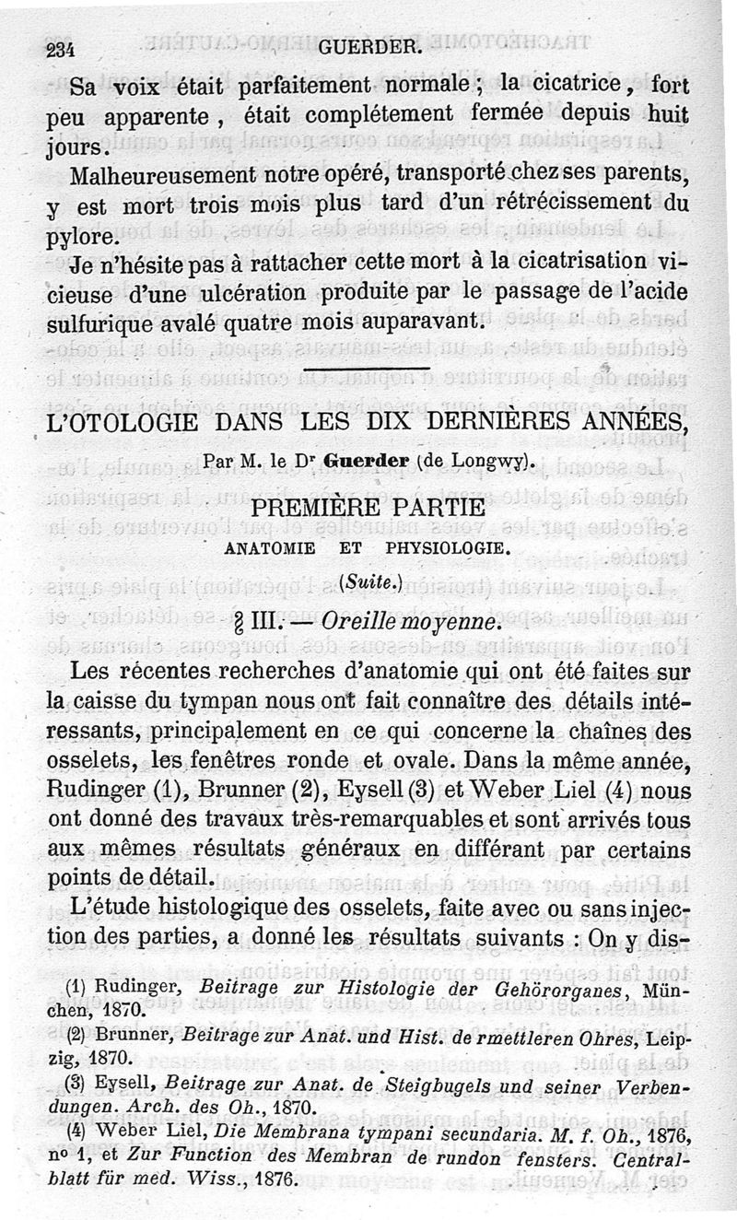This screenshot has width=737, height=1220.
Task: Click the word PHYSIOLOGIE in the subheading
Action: (x=446, y=546)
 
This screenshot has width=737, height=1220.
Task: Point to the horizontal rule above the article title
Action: (x=368, y=371)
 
